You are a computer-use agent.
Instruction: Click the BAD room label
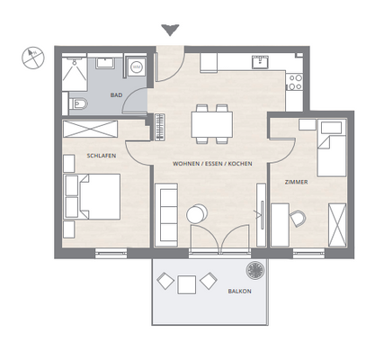[116, 95]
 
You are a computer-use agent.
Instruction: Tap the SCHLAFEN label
[102, 156]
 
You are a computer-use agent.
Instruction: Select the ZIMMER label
[296, 182]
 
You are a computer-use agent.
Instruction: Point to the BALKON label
[239, 292]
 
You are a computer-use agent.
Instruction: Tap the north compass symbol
[33, 58]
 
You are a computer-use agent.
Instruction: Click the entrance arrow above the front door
[170, 31]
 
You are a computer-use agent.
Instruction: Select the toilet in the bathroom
[78, 104]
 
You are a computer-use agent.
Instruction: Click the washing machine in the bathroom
[137, 67]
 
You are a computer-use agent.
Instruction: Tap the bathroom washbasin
[105, 63]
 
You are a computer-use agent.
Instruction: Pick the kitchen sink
[261, 62]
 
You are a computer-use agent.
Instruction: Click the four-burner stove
[295, 82]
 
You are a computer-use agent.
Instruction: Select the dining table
[212, 124]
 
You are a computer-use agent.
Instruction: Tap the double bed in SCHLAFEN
[92, 196]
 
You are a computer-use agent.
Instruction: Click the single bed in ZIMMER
[332, 148]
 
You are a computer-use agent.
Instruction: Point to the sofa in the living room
[166, 215]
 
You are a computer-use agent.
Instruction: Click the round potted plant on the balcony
[255, 270]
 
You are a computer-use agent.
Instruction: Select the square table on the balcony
[186, 284]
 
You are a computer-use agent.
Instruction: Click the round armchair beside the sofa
[197, 214]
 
